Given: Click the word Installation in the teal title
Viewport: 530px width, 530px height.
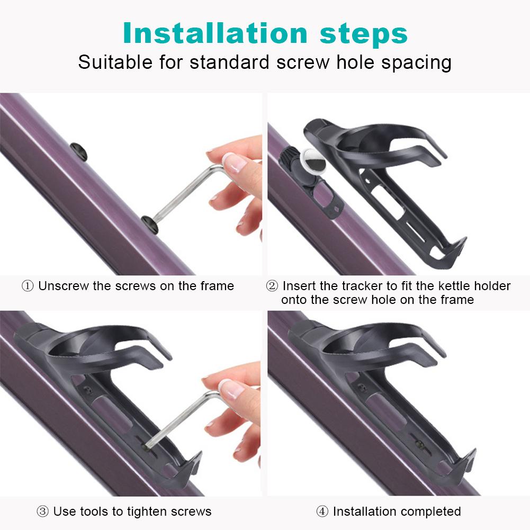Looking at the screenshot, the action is (x=215, y=33).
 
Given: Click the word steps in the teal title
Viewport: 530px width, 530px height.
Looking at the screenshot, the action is (x=364, y=34).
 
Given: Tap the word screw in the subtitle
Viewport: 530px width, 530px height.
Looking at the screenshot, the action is (x=302, y=62).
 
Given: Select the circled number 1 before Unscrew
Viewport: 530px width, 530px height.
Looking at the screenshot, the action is (x=28, y=286).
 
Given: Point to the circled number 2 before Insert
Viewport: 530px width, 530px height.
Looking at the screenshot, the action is (x=272, y=286).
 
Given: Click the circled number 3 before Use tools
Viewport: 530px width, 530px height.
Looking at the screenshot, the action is (x=42, y=511).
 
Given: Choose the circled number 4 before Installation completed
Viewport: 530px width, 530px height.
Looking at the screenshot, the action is (x=322, y=511).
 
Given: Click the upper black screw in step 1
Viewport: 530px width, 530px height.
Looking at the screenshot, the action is (x=79, y=151).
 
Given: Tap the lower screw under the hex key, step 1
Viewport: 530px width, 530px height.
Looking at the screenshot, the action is (x=150, y=224).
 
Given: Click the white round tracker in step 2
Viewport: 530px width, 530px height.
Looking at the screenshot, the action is (x=313, y=161).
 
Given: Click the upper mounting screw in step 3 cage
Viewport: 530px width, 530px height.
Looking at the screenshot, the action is (x=88, y=390).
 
